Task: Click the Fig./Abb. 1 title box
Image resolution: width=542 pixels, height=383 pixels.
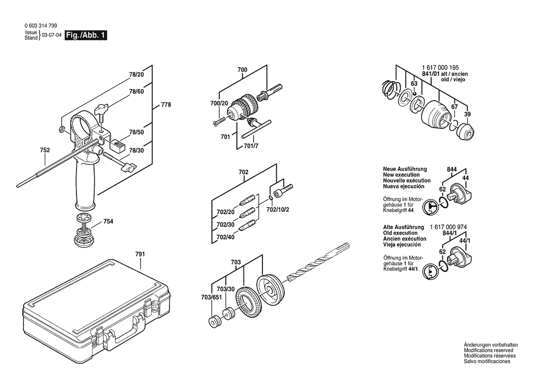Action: (x=86, y=35)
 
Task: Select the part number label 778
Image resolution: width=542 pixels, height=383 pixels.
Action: (x=166, y=105)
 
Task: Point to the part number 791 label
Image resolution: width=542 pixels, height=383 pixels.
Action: (x=140, y=254)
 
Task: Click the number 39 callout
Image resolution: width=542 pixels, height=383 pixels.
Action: (x=467, y=115)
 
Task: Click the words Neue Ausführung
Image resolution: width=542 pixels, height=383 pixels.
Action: (x=405, y=169)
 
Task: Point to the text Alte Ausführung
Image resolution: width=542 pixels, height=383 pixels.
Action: (x=404, y=227)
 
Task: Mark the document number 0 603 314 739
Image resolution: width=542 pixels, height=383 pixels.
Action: (x=41, y=26)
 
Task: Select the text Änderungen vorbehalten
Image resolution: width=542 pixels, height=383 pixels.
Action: (x=491, y=345)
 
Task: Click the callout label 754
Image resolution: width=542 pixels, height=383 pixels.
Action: (x=108, y=222)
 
